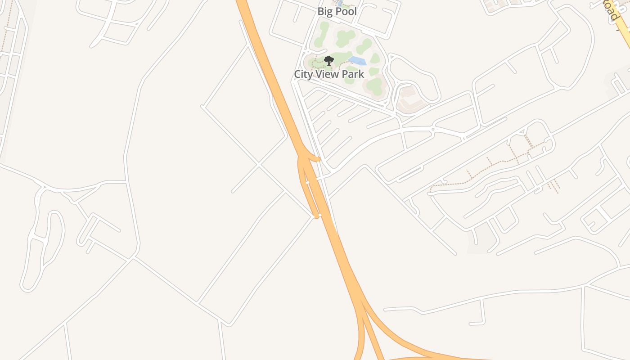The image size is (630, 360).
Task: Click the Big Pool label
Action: [x=337, y=12]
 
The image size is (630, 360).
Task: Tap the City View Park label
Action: [x=329, y=74]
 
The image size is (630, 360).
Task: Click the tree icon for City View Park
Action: [x=329, y=61]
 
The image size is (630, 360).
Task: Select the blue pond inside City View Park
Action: [x=357, y=61]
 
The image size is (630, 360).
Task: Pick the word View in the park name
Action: [x=328, y=74]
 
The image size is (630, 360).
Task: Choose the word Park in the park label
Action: [x=353, y=74]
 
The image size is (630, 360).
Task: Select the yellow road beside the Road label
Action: [x=623, y=31]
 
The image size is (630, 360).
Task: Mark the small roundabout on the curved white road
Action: [x=433, y=130]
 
